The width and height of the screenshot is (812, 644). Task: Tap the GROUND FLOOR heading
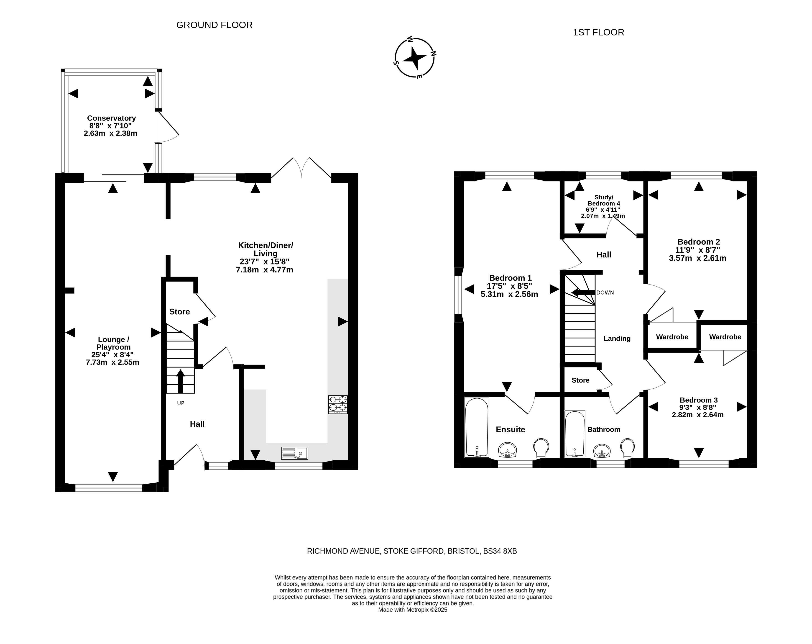click(214, 25)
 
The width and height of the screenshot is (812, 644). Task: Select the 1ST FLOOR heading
click(598, 32)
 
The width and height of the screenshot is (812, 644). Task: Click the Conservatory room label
click(112, 118)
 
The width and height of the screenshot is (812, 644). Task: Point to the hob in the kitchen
click(338, 404)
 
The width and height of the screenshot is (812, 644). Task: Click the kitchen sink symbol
click(294, 453)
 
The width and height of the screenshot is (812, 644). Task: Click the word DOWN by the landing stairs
click(605, 292)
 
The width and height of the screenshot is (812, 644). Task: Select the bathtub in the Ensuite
click(477, 427)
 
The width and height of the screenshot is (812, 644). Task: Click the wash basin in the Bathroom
click(602, 451)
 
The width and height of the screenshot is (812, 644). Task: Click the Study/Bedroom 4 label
click(604, 200)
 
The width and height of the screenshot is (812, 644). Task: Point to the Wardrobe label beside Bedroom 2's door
click(672, 337)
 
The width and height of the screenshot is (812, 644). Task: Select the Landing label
click(617, 338)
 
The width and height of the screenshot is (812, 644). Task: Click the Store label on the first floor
click(580, 380)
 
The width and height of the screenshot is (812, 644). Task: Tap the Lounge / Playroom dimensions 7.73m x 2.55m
click(113, 362)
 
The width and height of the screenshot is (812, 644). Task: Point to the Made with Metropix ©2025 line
click(413, 610)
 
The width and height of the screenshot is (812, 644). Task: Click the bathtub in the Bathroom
click(575, 434)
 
